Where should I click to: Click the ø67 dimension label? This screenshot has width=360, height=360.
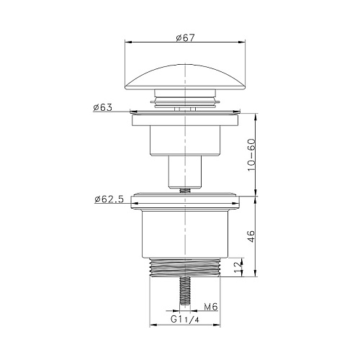[x=185, y=37]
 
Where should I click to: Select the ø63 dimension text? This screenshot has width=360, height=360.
[x=103, y=107]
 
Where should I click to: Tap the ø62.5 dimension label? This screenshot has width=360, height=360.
[x=109, y=199]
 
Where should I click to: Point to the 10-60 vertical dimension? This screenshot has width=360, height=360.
[x=252, y=155]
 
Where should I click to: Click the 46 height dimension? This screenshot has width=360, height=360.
[x=251, y=236]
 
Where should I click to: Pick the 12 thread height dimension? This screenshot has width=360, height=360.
[x=238, y=267]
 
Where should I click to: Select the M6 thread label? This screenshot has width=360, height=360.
[x=211, y=307]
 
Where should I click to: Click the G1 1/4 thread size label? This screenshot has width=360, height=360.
[x=185, y=320]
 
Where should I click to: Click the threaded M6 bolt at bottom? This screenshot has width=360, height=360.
[x=185, y=291]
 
